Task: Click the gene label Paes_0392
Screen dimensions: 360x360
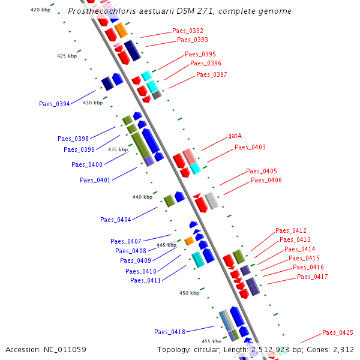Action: (188, 31)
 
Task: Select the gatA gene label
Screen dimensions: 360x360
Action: (235, 137)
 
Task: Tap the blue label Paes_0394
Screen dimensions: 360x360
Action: (55, 104)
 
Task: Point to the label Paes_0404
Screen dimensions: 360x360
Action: (116, 220)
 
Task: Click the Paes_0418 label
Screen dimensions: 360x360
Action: (170, 332)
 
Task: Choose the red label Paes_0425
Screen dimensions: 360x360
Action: (338, 332)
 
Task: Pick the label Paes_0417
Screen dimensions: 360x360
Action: (313, 277)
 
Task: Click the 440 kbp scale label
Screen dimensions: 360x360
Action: (142, 197)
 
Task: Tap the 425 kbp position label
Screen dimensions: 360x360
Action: (67, 56)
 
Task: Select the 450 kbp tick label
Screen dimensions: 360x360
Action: (189, 293)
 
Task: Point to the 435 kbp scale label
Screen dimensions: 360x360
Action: (118, 149)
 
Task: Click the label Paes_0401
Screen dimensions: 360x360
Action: (95, 179)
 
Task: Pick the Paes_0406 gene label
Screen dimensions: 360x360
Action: (266, 180)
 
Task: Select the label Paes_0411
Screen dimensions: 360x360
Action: (146, 280)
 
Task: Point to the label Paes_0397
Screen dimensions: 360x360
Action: (212, 74)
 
